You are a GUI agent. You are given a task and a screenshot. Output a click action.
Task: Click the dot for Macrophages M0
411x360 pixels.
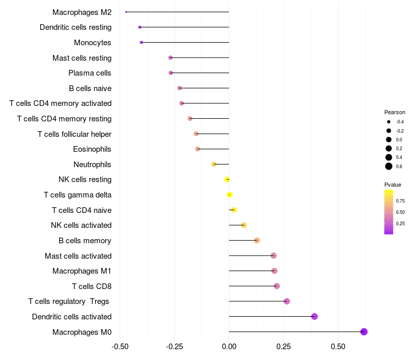(x=364, y=332)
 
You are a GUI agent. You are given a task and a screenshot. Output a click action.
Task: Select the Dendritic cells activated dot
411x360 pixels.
(x=314, y=316)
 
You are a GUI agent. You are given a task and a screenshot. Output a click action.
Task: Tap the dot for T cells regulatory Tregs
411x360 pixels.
(x=287, y=301)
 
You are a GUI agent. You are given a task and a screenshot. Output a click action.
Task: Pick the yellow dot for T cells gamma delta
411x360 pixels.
(x=230, y=194)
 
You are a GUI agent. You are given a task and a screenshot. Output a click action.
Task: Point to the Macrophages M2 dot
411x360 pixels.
(x=126, y=12)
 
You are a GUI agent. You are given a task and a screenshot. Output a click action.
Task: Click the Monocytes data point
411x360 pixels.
(x=141, y=42)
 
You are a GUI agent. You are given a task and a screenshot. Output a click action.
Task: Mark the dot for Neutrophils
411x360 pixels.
(x=214, y=164)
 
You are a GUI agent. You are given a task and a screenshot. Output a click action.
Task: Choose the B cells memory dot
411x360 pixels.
(x=257, y=240)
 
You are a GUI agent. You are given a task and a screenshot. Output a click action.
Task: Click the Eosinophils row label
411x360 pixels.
(x=92, y=149)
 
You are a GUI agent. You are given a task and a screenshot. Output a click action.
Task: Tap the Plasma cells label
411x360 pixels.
(x=90, y=73)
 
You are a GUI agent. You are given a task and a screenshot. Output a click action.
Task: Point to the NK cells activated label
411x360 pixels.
(x=81, y=225)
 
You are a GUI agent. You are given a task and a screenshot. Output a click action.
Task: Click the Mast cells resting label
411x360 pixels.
(x=82, y=58)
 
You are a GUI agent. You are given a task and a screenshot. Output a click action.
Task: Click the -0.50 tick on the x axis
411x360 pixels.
(x=120, y=347)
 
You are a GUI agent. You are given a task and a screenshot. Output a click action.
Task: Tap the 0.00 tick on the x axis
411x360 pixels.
(x=229, y=347)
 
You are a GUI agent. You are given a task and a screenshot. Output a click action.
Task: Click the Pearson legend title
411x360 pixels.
(x=395, y=112)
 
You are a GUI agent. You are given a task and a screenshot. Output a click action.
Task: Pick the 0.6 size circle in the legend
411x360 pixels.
(x=389, y=166)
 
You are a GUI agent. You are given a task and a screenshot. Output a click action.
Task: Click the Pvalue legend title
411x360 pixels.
(x=393, y=185)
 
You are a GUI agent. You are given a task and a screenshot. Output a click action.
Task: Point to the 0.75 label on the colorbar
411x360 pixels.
(x=400, y=201)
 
